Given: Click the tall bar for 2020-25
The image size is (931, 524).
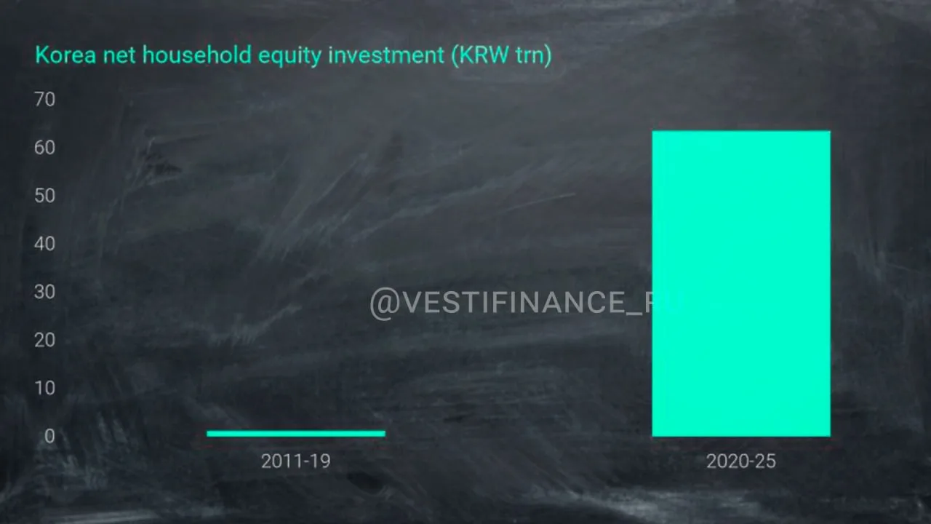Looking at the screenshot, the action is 741,284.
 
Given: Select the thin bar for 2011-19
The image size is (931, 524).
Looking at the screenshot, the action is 296,434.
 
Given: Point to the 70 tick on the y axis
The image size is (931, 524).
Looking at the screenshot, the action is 44,100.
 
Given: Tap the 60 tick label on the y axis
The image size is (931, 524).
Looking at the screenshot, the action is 44,148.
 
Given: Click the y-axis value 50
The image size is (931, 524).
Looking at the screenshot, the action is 44,196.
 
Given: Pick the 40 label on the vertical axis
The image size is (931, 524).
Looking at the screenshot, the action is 44,244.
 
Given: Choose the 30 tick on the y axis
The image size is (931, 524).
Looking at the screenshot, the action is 44,292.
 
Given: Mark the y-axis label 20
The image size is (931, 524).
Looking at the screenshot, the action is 44,340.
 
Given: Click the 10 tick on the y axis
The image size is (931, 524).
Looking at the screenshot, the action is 45,388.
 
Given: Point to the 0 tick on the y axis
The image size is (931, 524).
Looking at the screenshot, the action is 49,436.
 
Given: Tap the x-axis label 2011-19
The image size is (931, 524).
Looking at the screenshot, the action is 296,461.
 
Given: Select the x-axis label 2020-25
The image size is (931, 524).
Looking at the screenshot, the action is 741,461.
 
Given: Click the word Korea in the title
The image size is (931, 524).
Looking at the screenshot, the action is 65,55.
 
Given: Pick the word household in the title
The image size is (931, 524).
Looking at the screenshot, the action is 197,55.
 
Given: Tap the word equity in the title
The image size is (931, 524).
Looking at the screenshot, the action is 289,57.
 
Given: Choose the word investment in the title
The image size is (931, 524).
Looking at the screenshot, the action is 386,55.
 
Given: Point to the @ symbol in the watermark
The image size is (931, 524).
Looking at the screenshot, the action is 385,303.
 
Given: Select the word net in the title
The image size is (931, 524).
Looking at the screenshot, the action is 119,56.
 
